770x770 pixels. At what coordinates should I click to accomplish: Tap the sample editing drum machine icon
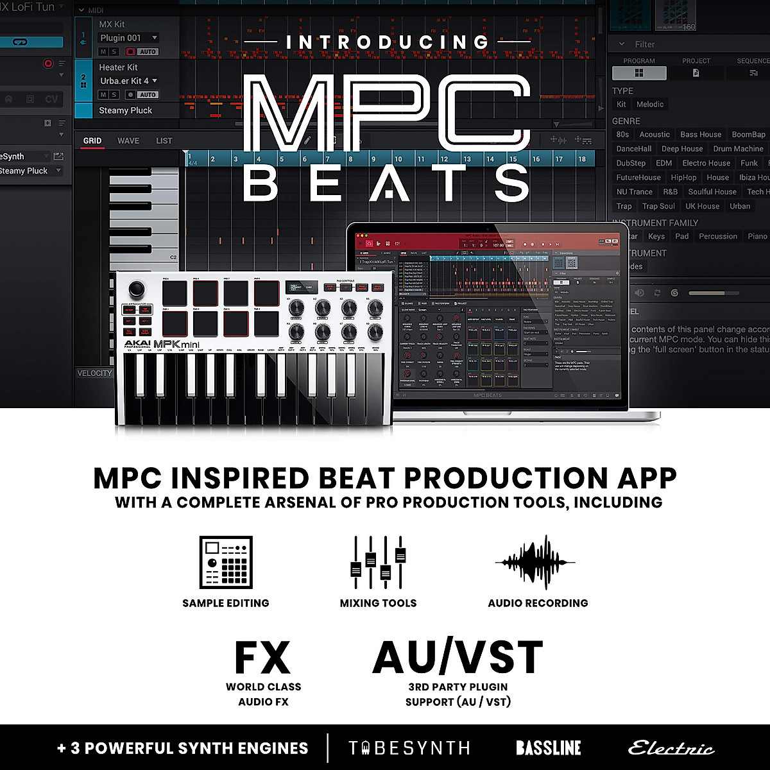pos(226,563)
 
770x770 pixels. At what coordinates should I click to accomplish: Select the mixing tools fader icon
pos(379,563)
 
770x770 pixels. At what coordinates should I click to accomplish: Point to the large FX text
pos(263,658)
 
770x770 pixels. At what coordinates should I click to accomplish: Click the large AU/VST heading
pos(458,657)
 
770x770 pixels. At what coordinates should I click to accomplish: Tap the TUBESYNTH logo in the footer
pos(409,748)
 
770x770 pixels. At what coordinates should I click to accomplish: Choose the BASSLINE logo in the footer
pos(549,748)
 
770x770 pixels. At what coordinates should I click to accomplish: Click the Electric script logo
pos(671,748)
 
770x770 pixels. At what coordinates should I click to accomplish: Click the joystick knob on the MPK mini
pos(136,288)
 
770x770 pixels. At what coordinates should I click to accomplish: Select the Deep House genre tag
pos(682,149)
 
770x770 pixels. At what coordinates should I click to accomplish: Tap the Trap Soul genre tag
pos(658,207)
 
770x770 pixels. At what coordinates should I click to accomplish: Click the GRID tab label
pos(92,141)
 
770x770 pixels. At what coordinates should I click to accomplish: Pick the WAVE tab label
pos(128,141)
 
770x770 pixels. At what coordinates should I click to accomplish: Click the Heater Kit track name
pos(118,67)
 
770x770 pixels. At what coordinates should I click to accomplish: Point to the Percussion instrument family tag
pos(718,236)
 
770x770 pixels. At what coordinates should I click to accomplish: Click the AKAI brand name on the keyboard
pos(137,344)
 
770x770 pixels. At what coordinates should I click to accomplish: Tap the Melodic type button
pos(650,104)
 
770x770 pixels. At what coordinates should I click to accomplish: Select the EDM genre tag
pos(664,163)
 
